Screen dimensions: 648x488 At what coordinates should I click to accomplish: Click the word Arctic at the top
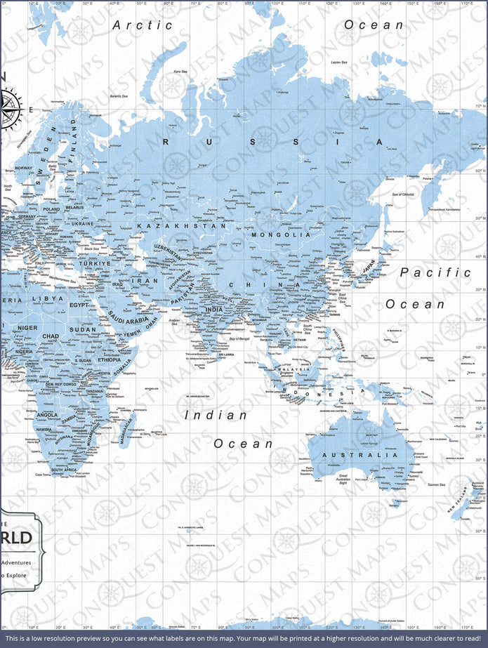(x=143, y=25)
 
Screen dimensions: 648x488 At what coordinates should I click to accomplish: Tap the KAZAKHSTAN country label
(x=181, y=226)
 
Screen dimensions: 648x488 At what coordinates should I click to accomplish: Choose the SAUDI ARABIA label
(x=128, y=320)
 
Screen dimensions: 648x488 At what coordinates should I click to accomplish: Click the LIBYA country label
(x=52, y=298)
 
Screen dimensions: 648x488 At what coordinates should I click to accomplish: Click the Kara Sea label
(x=180, y=71)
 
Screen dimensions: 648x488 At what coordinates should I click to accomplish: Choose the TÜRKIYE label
(x=94, y=263)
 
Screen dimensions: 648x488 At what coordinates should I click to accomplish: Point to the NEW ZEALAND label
(x=460, y=505)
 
